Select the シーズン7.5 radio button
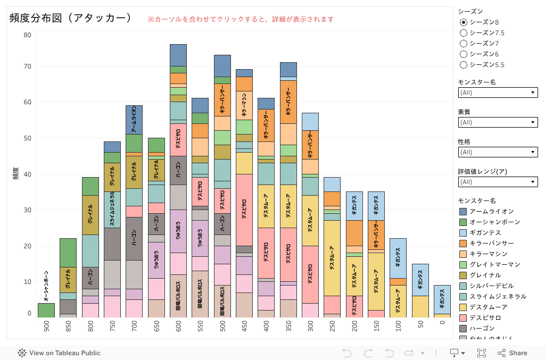click(463, 33)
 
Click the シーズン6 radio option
click(463, 54)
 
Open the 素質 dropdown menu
click(498, 122)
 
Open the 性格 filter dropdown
click(498, 152)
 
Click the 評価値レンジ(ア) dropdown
click(498, 182)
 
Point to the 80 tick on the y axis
click(27, 36)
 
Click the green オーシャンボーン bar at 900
click(46, 310)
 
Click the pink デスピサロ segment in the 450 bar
click(244, 210)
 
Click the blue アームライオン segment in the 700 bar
click(134, 120)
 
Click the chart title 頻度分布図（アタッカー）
click(71, 18)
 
